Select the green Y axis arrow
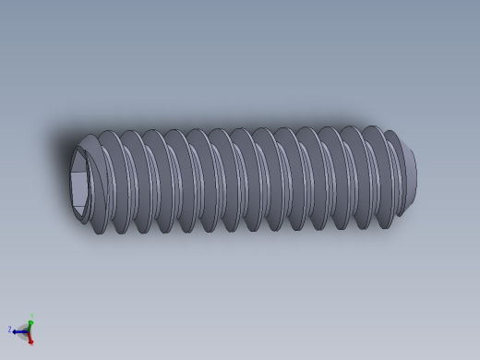[x=30, y=324]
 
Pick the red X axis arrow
[x=30, y=338]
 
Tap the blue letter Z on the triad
[x=10, y=330]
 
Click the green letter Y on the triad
[x=30, y=316]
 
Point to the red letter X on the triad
[x=32, y=343]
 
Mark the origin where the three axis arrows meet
[x=29, y=331]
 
